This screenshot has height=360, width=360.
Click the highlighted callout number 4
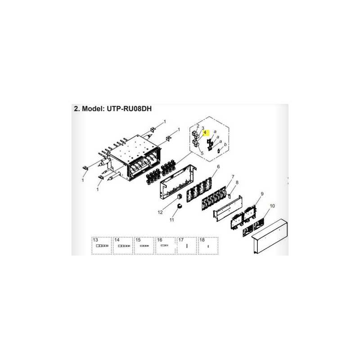(x=205, y=133)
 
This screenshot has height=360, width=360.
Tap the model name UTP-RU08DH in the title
(x=129, y=108)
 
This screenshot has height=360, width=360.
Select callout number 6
(x=218, y=166)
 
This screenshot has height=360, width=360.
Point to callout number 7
(x=233, y=177)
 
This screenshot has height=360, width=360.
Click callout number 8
(x=237, y=182)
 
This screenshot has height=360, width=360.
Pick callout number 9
(x=262, y=194)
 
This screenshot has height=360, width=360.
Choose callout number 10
(x=272, y=206)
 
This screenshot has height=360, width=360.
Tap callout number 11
(x=172, y=220)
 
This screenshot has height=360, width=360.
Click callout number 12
(x=160, y=212)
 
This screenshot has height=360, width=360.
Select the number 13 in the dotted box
(x=95, y=240)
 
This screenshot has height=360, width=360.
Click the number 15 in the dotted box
(x=138, y=240)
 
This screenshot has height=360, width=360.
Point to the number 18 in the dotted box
(x=202, y=240)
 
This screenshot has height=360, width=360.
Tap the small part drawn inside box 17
(x=187, y=246)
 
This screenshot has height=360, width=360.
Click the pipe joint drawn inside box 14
(x=124, y=246)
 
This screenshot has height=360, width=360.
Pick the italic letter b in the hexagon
(x=225, y=144)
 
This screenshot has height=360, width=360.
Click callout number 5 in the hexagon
(x=202, y=153)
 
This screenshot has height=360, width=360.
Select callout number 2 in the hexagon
(x=198, y=126)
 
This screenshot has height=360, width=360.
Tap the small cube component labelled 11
(x=179, y=206)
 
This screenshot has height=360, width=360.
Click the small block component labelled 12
(x=180, y=196)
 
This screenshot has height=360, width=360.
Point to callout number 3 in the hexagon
(x=203, y=128)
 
